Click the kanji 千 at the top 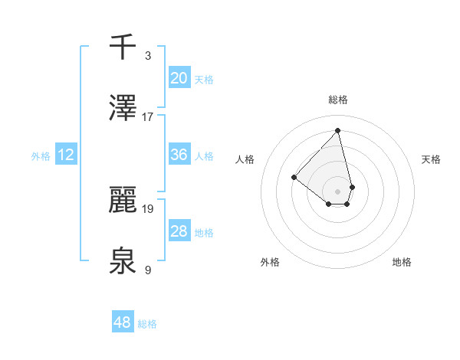pos(123,47)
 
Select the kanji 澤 pos(123,108)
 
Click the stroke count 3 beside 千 pos(148,56)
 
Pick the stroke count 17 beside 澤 pos(148,116)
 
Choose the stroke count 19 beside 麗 pos(148,208)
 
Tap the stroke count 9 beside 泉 pos(148,269)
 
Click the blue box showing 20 pos(179,78)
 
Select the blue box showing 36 pos(179,155)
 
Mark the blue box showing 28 pos(179,231)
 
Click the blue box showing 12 pos(66,155)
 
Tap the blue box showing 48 pos(123,322)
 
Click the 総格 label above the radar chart pos(338,100)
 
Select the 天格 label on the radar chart pos(432,159)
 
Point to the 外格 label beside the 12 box pos(41,156)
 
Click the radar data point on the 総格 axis pos(337,131)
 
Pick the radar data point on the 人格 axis pos(294,177)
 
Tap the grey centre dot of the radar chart pos(337,191)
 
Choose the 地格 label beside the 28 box pos(204,233)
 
